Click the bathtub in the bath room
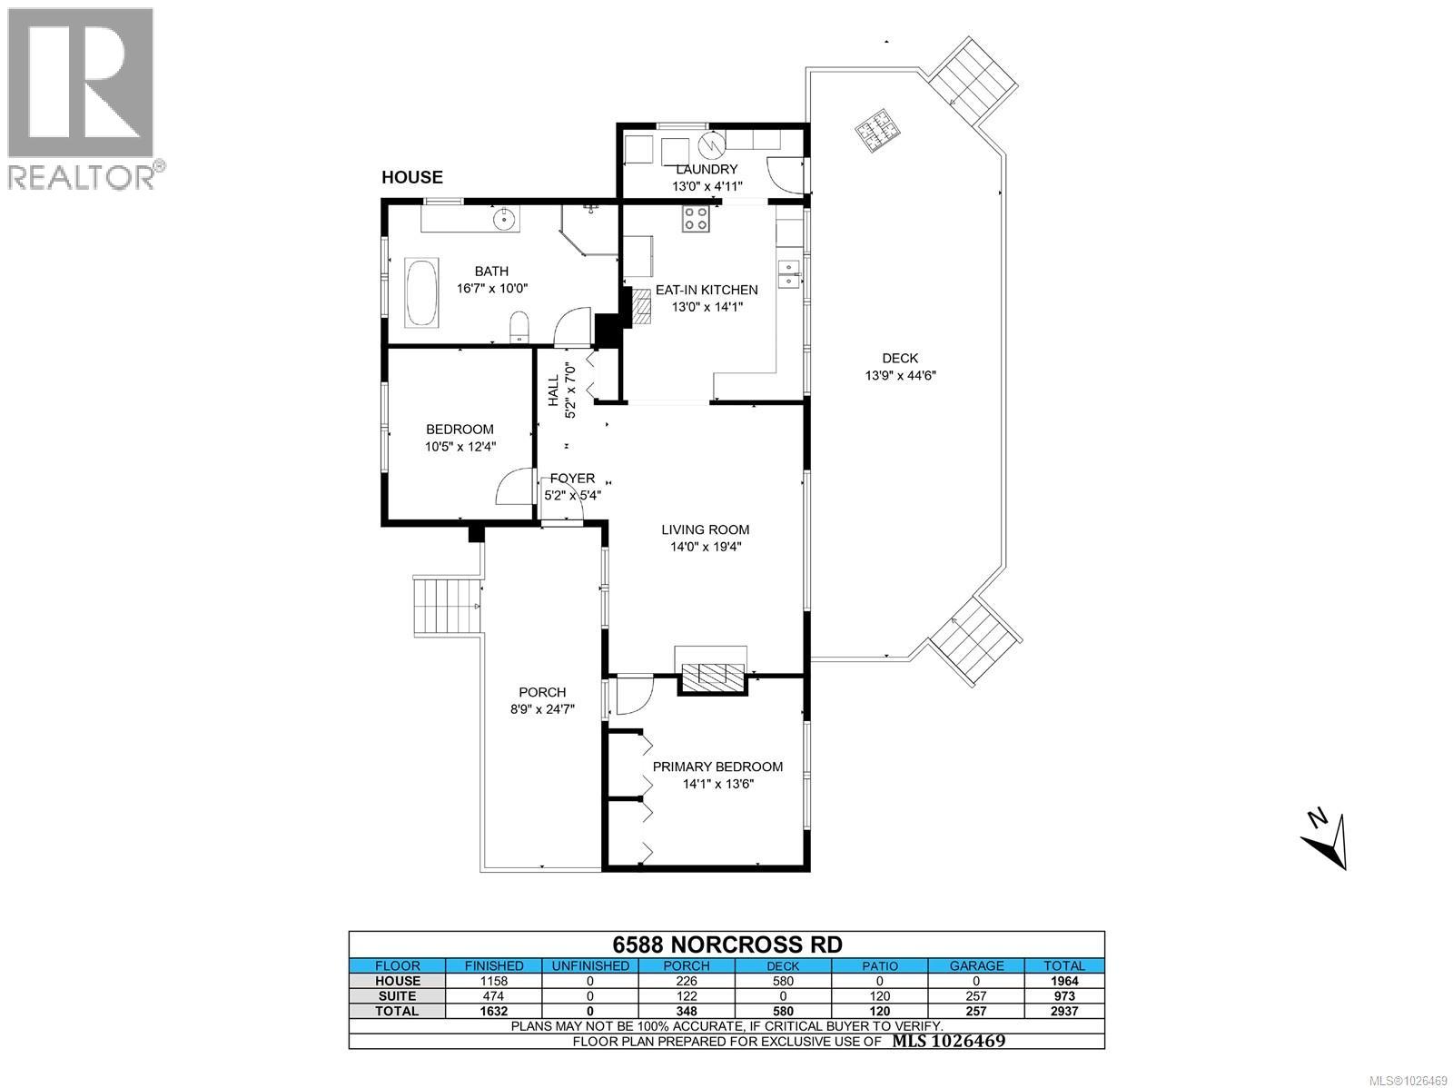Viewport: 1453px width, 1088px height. point(421,292)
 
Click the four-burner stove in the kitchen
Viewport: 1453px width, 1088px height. point(696,219)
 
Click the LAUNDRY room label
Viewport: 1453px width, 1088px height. point(707,170)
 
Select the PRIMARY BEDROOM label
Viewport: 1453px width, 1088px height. point(717,767)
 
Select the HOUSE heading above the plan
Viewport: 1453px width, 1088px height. point(411,178)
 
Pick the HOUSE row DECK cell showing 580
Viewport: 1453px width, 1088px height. point(783,981)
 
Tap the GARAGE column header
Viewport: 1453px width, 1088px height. point(976,966)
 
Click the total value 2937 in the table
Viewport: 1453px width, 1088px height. point(1063,1011)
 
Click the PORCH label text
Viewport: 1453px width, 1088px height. point(542,692)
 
